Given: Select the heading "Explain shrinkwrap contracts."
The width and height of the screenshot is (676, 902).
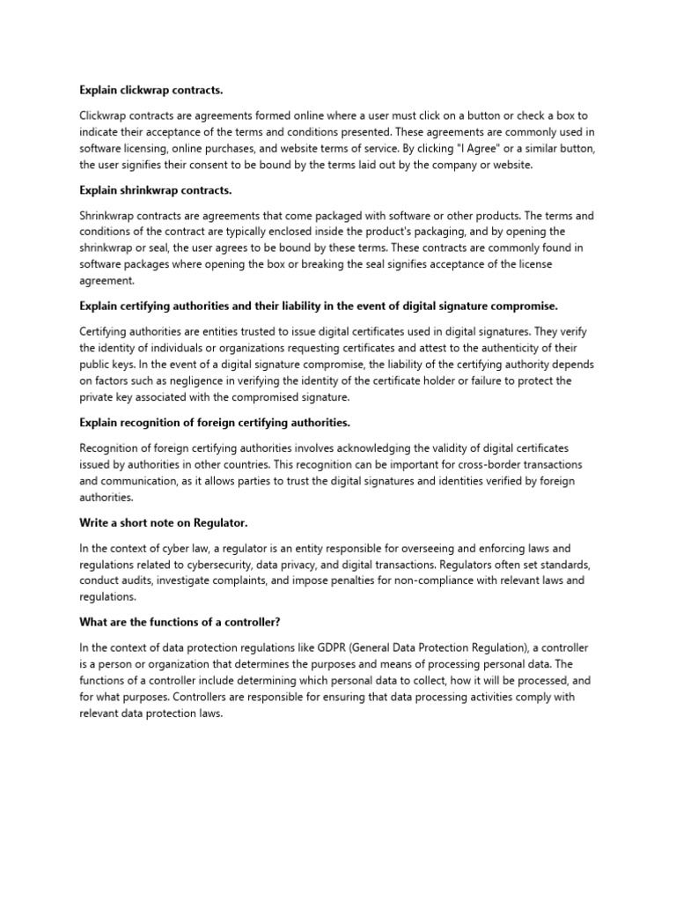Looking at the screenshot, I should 155,190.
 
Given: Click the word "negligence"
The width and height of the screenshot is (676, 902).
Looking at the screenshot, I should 190,381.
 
